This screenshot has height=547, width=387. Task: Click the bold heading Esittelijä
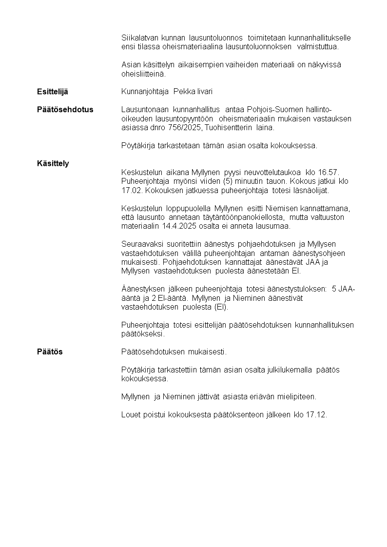point(53,92)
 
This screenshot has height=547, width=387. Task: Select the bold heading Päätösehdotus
point(65,110)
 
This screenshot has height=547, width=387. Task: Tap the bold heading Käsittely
point(53,163)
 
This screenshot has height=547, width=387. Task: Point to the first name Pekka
point(183,92)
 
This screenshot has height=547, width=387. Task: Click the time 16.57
point(328,173)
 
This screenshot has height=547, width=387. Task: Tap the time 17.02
point(131,190)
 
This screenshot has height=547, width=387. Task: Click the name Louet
point(130,415)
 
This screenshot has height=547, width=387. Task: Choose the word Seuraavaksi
point(142,244)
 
